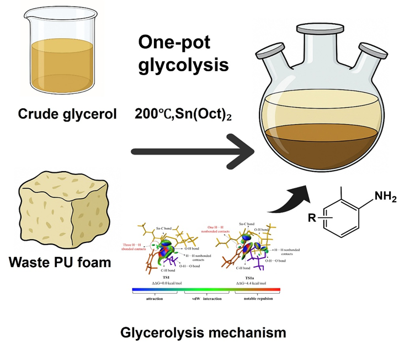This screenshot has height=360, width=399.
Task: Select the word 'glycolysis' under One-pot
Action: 183,65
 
